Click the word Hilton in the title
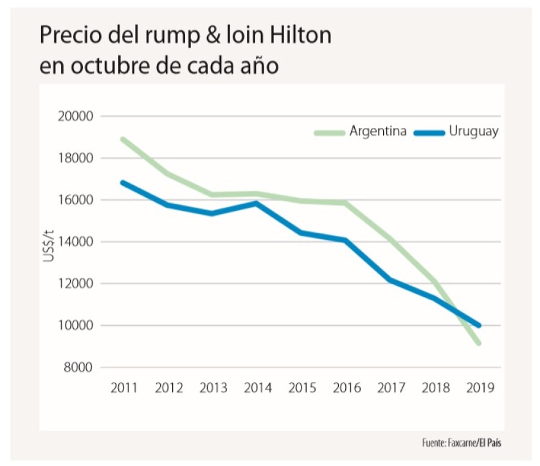pyautogui.click(x=298, y=36)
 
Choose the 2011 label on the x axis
pyautogui.click(x=123, y=388)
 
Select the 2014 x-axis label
pyautogui.click(x=257, y=388)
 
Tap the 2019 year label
pyautogui.click(x=480, y=388)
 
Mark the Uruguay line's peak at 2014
pyautogui.click(x=256, y=204)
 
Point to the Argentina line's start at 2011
pyautogui.click(x=123, y=139)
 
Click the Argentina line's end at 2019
pyautogui.click(x=479, y=343)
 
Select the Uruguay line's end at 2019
pyautogui.click(x=479, y=325)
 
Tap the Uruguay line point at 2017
pyautogui.click(x=390, y=280)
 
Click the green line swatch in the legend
pyautogui.click(x=330, y=132)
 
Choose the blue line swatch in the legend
pyautogui.click(x=429, y=132)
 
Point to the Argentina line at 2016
pyautogui.click(x=346, y=203)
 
